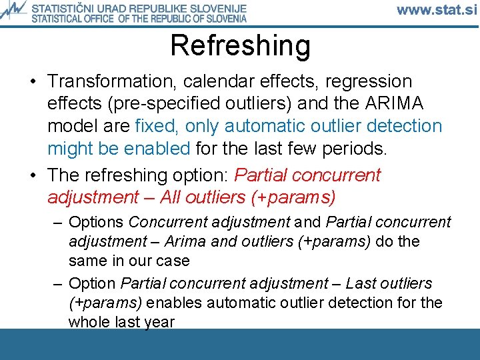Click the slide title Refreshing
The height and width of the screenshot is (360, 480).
point(240,45)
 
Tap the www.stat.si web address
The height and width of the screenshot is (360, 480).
point(437,11)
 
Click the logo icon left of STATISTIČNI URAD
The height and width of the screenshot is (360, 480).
point(14,11)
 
